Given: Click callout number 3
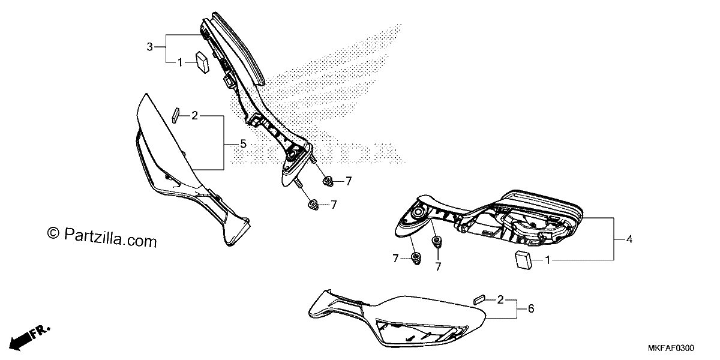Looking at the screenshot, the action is pyautogui.click(x=149, y=47).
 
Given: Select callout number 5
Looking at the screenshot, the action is pyautogui.click(x=244, y=144).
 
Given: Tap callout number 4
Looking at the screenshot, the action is pyautogui.click(x=629, y=239).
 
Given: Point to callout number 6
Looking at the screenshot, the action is pyautogui.click(x=531, y=308).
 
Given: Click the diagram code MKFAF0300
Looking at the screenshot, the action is pyautogui.click(x=671, y=348).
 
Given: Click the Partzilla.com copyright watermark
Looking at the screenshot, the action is pyautogui.click(x=102, y=237).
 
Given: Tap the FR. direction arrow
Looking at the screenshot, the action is pyautogui.click(x=29, y=337).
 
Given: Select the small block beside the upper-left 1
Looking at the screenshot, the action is pyautogui.click(x=202, y=62).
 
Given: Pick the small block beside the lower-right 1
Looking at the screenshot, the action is pyautogui.click(x=523, y=260).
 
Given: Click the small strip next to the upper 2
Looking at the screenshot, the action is pyautogui.click(x=175, y=116).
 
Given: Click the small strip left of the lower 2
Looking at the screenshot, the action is pyautogui.click(x=479, y=300).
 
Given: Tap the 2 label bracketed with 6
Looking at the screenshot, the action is pyautogui.click(x=500, y=299).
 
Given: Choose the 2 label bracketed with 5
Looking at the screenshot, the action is pyautogui.click(x=194, y=115).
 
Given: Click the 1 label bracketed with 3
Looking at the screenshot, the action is pyautogui.click(x=181, y=62).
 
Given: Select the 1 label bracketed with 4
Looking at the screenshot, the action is pyautogui.click(x=548, y=260).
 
